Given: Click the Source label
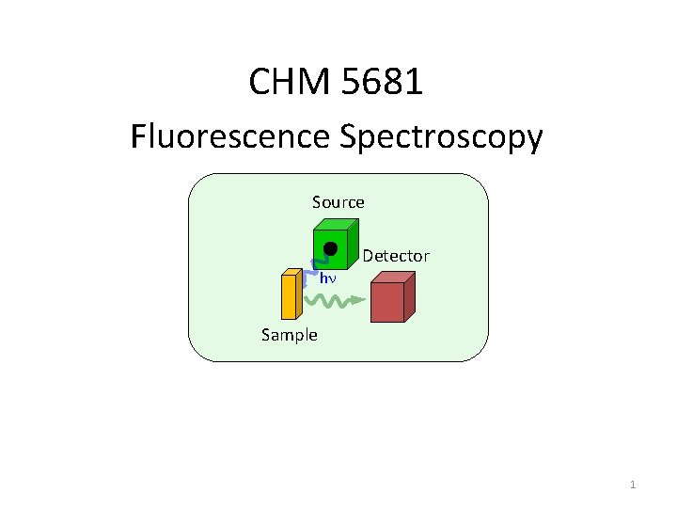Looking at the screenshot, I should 338,201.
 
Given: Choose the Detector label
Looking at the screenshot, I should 396,256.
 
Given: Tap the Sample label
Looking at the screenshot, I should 290,335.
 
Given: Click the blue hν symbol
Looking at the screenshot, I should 328,279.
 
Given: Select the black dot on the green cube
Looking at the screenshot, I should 330,248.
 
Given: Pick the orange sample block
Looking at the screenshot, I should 289,296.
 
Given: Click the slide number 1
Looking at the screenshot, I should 633,484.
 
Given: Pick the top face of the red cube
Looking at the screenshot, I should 393,277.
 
